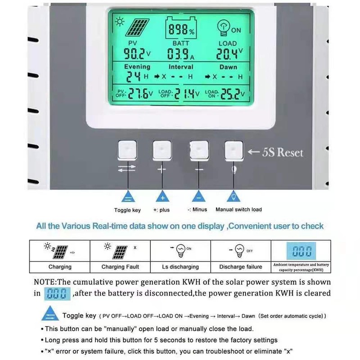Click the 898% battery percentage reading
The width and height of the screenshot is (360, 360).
pos(181,31)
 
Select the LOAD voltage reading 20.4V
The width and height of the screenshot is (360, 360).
pos(229,54)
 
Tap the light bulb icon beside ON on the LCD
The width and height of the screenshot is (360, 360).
pos(223,27)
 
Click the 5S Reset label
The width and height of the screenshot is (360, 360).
pos(283,152)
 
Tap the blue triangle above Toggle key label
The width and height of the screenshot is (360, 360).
pos(127,198)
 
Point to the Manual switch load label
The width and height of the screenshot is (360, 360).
pos(238,210)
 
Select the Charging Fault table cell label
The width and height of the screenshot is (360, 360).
pos(119,267)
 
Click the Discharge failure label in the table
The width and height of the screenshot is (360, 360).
pos(240,267)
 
